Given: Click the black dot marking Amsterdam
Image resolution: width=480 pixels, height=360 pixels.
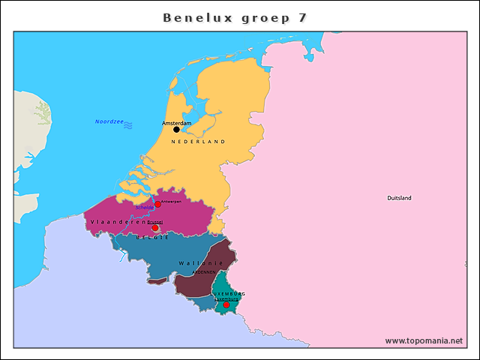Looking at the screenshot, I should pyautogui.click(x=176, y=130).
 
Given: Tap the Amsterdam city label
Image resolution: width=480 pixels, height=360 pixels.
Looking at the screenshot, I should pyautogui.click(x=177, y=122).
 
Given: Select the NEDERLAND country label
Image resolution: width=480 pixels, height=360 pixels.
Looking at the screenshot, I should pyautogui.click(x=198, y=142).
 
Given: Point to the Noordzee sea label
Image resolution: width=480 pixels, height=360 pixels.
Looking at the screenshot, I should pyautogui.click(x=109, y=121).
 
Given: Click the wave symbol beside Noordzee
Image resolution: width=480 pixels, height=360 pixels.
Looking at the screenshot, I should pyautogui.click(x=128, y=124).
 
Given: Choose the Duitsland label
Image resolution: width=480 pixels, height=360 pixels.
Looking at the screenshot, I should pyautogui.click(x=399, y=198).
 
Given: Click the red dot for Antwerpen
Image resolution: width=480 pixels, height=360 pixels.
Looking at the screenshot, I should pyautogui.click(x=157, y=204).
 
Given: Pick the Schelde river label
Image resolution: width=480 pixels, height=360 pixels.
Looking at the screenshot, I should pyautogui.click(x=145, y=208).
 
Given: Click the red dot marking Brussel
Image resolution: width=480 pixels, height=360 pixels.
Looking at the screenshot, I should pyautogui.click(x=155, y=228).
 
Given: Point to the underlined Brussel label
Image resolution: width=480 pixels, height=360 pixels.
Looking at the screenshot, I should pyautogui.click(x=154, y=223).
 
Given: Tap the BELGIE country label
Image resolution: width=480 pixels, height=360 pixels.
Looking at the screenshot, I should pyautogui.click(x=152, y=237).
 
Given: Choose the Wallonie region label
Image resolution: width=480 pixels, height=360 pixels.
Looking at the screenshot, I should pyautogui.click(x=201, y=263).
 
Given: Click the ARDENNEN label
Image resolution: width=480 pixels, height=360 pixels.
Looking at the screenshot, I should pyautogui.click(x=204, y=272).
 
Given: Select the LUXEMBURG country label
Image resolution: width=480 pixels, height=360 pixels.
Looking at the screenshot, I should pyautogui.click(x=229, y=293).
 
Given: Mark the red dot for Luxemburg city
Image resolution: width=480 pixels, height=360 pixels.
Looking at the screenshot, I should pyautogui.click(x=226, y=305).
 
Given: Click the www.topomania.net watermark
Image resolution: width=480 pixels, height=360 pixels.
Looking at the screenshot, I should pyautogui.click(x=424, y=340).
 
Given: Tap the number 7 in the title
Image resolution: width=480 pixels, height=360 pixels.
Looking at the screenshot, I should pyautogui.click(x=301, y=17).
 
